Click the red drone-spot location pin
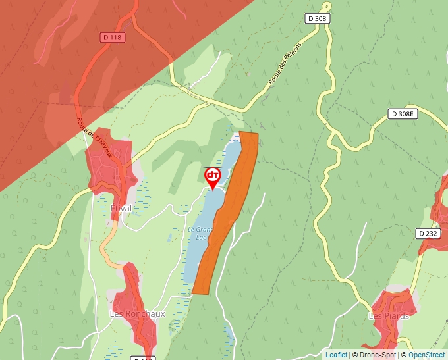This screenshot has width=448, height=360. click(x=213, y=176)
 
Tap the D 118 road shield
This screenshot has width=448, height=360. click(x=113, y=38)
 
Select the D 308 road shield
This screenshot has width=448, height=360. click(x=317, y=18)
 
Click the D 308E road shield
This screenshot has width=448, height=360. click(x=403, y=114)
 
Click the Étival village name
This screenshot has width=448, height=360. click(x=121, y=208)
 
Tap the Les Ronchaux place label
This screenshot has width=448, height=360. click(x=137, y=313)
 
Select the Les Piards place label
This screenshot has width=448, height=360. click(x=388, y=315)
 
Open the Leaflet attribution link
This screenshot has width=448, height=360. click(x=336, y=355)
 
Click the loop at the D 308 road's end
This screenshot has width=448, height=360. click(x=326, y=6)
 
